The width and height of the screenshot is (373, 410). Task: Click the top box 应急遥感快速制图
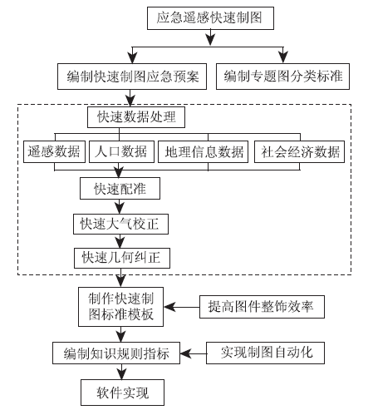(210, 18)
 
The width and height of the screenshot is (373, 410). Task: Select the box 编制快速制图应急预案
(132, 77)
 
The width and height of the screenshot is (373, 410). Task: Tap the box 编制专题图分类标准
(282, 77)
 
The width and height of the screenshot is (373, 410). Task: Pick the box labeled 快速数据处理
(136, 117)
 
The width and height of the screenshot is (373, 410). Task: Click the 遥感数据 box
(54, 151)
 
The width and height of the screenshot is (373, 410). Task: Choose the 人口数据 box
(121, 151)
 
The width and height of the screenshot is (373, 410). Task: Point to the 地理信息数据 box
(204, 151)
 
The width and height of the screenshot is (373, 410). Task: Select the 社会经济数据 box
(300, 151)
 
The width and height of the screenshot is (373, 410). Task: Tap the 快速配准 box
(120, 189)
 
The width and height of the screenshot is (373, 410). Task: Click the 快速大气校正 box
(120, 224)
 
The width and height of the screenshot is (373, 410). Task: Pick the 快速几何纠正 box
(122, 258)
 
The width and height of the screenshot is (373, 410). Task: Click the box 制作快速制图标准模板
(120, 307)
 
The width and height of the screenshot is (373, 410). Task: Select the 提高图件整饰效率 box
(262, 307)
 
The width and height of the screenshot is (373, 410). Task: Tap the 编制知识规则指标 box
(116, 353)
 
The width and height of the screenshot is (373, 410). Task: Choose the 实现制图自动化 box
(265, 353)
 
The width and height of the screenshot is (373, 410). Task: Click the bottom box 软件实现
(122, 393)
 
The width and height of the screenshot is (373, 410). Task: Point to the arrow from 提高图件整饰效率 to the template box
(182, 307)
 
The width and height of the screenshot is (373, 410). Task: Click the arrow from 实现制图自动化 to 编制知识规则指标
(194, 353)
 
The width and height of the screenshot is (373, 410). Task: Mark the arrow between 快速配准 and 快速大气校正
(120, 206)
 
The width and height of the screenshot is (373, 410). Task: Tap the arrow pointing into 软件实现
(121, 372)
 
